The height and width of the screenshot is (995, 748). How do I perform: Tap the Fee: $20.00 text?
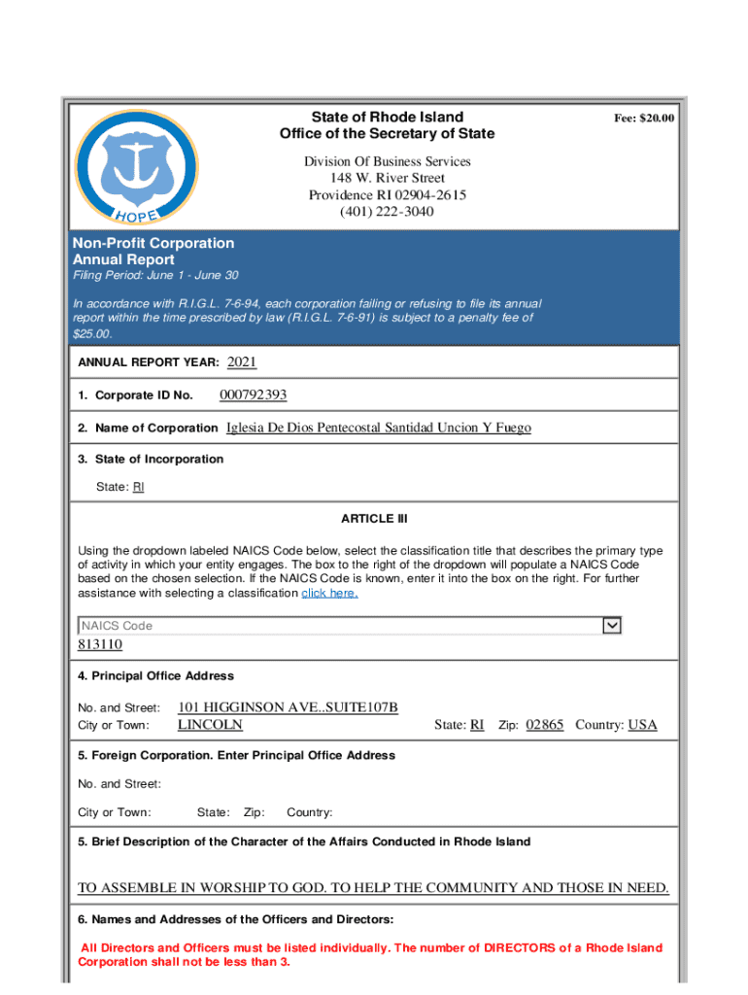click(x=643, y=119)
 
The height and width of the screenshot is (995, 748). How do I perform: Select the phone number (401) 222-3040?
click(x=387, y=212)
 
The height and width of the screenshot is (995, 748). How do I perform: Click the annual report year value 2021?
click(x=242, y=362)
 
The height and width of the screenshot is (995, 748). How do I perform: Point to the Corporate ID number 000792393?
click(x=253, y=395)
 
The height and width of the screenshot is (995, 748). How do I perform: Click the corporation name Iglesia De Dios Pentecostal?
click(x=378, y=428)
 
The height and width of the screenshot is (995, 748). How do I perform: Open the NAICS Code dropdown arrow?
click(x=611, y=626)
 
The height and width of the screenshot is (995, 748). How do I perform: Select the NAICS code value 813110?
click(x=100, y=644)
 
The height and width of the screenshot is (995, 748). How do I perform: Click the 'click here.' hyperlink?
click(x=329, y=593)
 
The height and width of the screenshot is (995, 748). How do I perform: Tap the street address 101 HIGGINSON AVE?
click(x=288, y=707)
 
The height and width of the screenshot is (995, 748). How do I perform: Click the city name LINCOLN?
click(x=210, y=725)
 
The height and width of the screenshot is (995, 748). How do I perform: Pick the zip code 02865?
click(x=544, y=725)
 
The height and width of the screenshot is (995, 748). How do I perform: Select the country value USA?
click(x=642, y=725)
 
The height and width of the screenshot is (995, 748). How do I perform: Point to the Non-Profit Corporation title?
click(x=153, y=243)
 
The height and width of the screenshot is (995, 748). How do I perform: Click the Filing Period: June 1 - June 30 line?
click(x=155, y=276)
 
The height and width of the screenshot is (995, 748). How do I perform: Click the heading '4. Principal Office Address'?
click(x=155, y=676)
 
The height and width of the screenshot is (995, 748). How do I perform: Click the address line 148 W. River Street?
click(x=387, y=179)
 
